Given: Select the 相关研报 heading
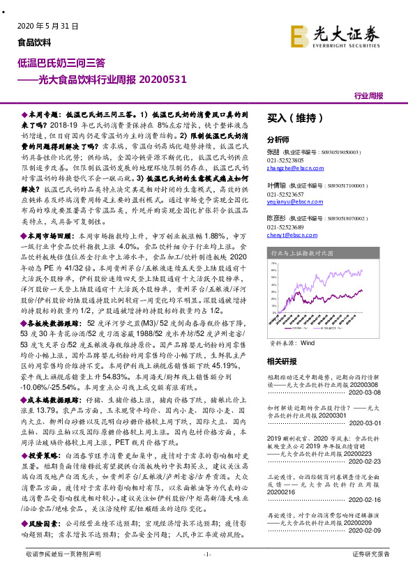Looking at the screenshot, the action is [x=282, y=362].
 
